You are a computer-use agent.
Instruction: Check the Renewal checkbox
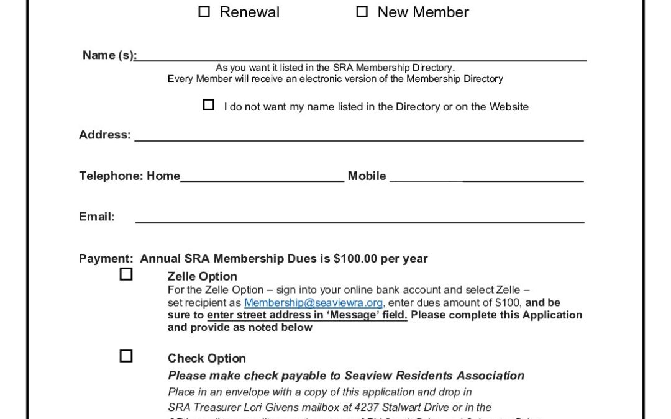click(x=204, y=12)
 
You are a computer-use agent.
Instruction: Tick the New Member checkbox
click(x=362, y=12)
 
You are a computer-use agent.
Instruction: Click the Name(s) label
click(x=109, y=55)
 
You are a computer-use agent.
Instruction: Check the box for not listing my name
click(x=209, y=105)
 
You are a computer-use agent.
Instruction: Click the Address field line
click(x=359, y=139)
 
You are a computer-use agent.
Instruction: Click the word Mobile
click(x=367, y=176)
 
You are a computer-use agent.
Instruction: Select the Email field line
click(x=359, y=220)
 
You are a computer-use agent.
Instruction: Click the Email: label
click(x=97, y=217)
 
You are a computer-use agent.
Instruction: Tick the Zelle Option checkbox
click(x=126, y=274)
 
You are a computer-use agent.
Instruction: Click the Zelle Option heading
click(x=202, y=276)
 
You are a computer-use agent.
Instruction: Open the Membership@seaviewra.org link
click(x=313, y=303)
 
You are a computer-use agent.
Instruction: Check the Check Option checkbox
click(x=126, y=356)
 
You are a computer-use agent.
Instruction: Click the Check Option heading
click(x=206, y=358)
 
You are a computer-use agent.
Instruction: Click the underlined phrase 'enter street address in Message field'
click(x=307, y=315)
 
